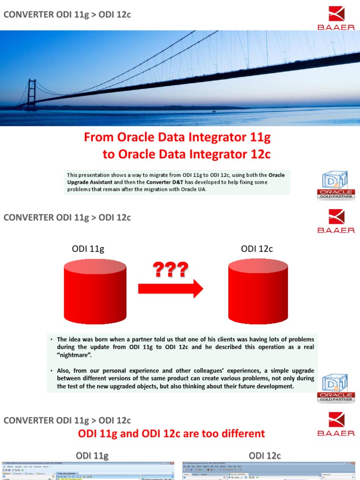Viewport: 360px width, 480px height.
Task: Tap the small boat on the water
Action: (x=214, y=111)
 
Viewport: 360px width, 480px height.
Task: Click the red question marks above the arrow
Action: (x=170, y=270)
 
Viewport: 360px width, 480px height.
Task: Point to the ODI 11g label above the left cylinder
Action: (x=88, y=249)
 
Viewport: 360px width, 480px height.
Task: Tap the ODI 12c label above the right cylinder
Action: (x=257, y=249)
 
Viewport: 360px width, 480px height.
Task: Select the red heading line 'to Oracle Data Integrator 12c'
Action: (x=186, y=154)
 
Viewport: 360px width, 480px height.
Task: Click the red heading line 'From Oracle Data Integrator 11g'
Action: (x=177, y=137)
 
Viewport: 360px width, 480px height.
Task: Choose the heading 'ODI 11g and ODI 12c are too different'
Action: (x=171, y=433)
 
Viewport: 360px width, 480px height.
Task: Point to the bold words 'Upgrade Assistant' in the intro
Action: (x=89, y=182)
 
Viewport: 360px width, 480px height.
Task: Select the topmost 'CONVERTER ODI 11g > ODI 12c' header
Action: (x=67, y=15)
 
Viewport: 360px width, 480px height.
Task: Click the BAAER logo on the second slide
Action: (x=336, y=221)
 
